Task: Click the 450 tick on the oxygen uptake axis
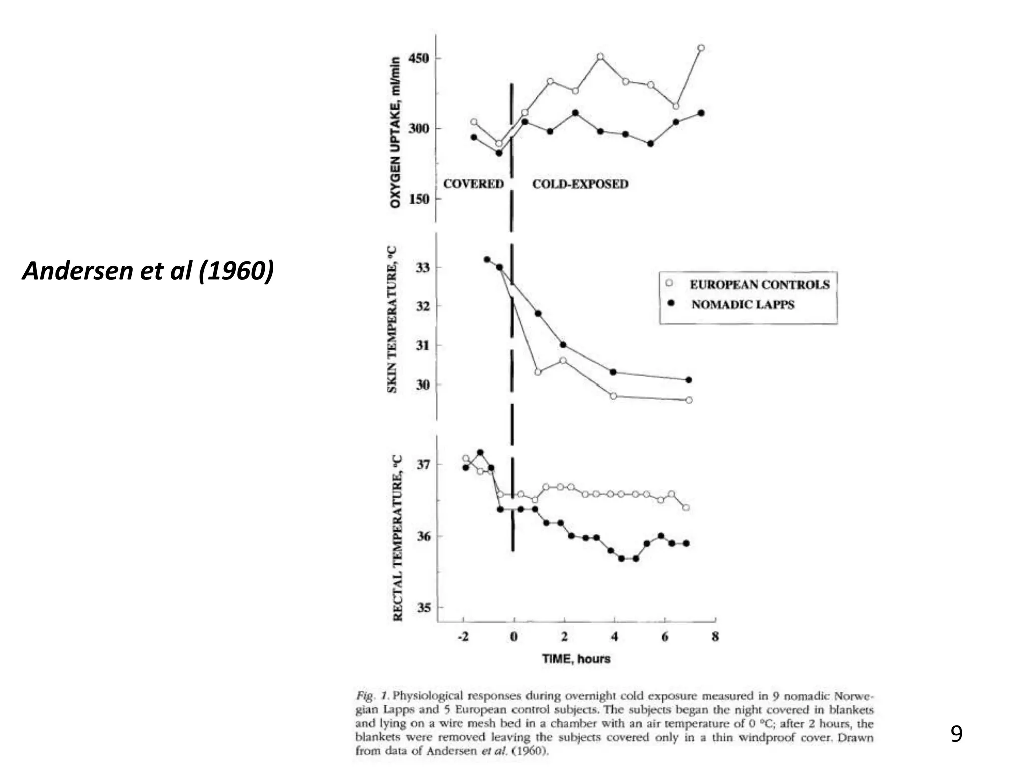(x=419, y=58)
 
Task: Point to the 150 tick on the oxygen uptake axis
(x=419, y=199)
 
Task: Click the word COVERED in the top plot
(x=473, y=184)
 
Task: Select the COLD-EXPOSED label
(x=580, y=184)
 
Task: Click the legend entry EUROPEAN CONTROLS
(x=759, y=284)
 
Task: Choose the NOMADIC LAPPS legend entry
(x=743, y=304)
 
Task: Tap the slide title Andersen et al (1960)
(x=148, y=270)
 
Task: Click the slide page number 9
(x=956, y=734)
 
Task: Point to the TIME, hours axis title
(x=576, y=658)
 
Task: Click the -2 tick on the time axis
(x=463, y=637)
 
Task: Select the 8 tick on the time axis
(x=715, y=637)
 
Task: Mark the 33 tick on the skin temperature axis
(x=423, y=268)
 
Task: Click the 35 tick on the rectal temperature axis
(x=423, y=608)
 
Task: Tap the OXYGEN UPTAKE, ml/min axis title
(x=395, y=132)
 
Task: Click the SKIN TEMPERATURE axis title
(x=392, y=319)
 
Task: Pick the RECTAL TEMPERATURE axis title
(x=398, y=538)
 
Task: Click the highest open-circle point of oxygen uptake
(x=701, y=48)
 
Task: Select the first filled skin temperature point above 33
(x=487, y=259)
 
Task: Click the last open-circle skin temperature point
(x=689, y=400)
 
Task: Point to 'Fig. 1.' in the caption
(x=372, y=696)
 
